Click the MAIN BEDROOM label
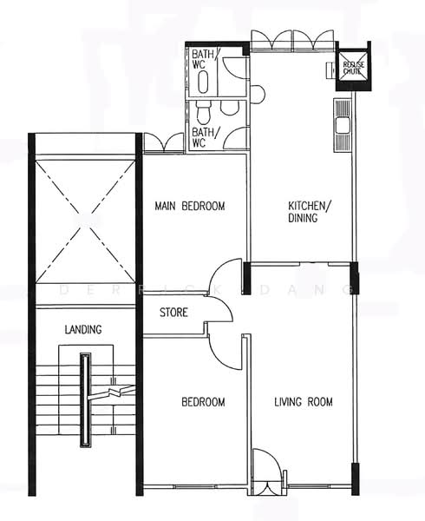pos(190,206)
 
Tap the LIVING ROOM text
pos(304,402)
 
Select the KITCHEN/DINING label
pos(310,212)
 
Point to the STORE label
pos(173,313)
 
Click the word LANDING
pos(83,330)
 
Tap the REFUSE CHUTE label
pos(353,68)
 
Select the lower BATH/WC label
pos(206,137)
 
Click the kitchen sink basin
pos(342,126)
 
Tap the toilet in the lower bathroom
pos(203,112)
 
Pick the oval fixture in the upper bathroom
pos(203,82)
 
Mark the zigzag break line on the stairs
pos(111,392)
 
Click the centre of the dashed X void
pos(85,222)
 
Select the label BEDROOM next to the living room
pos(203,402)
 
